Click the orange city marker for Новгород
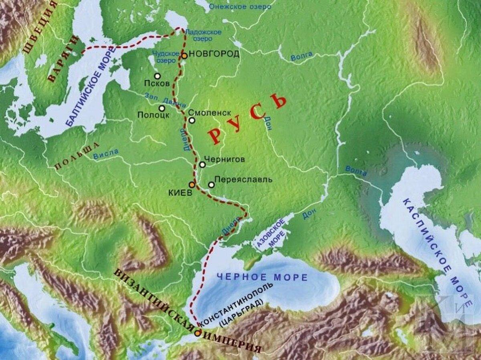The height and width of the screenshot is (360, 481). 184,56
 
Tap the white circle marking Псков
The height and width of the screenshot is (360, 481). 157,76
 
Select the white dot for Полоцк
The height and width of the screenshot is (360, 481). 162,108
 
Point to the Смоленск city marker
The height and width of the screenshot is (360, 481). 192,120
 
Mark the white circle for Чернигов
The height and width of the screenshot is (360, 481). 202,165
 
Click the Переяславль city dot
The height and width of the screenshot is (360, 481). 211,185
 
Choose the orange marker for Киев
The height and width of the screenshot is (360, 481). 192,185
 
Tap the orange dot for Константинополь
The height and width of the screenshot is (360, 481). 197,333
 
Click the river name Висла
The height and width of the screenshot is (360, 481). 106,154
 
